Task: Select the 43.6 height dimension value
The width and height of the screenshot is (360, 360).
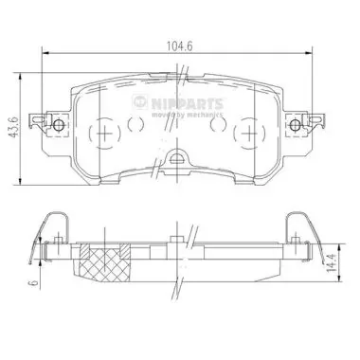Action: click(13, 123)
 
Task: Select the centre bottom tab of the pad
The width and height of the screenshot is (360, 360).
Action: click(178, 160)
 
